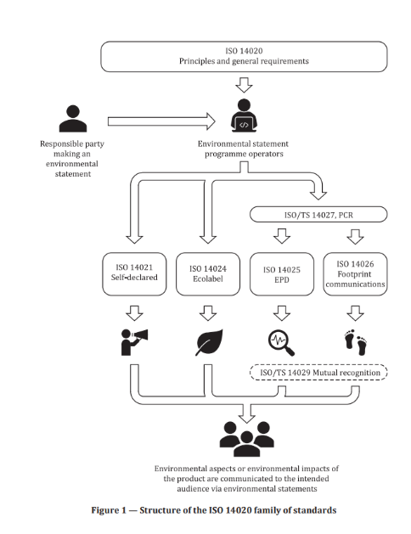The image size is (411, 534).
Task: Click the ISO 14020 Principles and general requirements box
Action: [x=244, y=57]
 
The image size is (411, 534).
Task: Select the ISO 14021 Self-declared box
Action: [x=134, y=274]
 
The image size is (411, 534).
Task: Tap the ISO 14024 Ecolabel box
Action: [x=208, y=274]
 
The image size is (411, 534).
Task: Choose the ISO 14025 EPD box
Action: [x=282, y=274]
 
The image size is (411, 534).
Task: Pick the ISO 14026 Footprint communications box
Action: [x=355, y=274]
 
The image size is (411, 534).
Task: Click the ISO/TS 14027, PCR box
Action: [x=318, y=215]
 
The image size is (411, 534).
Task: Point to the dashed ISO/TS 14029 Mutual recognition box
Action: [x=318, y=372]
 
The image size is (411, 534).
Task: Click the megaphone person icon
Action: [x=134, y=342]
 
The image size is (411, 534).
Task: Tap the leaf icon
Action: [x=209, y=342]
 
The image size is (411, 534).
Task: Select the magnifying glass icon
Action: [x=281, y=343]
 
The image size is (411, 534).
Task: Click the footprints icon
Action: [x=356, y=342]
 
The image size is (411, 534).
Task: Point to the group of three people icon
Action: [x=246, y=439]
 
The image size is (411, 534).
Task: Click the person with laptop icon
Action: [x=244, y=115]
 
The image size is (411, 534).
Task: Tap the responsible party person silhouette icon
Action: [x=73, y=119]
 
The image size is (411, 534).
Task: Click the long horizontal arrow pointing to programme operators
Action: [x=161, y=121]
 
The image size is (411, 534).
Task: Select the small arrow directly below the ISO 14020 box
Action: [x=244, y=85]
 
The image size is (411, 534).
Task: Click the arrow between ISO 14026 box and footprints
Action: [x=355, y=313]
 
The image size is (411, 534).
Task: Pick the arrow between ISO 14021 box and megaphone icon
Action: [x=134, y=313]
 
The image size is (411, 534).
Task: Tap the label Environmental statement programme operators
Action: [x=244, y=149]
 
